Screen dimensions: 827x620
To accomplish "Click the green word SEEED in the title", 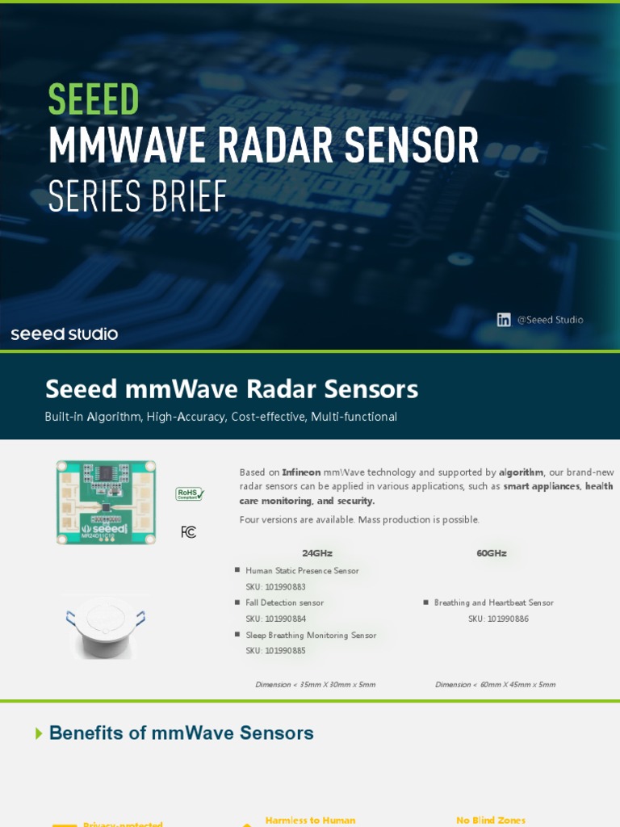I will coord(94,100).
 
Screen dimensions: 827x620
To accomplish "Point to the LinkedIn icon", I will coord(504,320).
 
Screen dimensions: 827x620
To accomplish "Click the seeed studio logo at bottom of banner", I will coord(65,334).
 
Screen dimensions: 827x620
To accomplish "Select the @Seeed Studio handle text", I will coord(550,320).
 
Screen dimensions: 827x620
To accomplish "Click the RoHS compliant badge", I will coord(190,494).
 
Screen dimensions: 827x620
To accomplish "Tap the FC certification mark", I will coord(188,532).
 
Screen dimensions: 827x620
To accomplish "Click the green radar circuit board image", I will coord(106,502).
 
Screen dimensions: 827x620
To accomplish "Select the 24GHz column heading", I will coord(317,553).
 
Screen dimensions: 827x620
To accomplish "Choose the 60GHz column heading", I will coord(492,553).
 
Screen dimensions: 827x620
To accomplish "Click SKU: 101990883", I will coord(275,587).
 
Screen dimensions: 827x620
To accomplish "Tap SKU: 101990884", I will coord(275,619).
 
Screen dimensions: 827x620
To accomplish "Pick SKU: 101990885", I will coord(275,651).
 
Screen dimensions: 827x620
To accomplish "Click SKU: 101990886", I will coord(498,619).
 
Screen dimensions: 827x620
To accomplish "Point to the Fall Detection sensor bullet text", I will coord(284,603).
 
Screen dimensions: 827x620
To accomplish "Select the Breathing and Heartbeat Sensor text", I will coord(493,603).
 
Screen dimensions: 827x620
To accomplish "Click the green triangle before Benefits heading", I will coord(40,733).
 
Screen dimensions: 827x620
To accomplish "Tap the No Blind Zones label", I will coord(491,821).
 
